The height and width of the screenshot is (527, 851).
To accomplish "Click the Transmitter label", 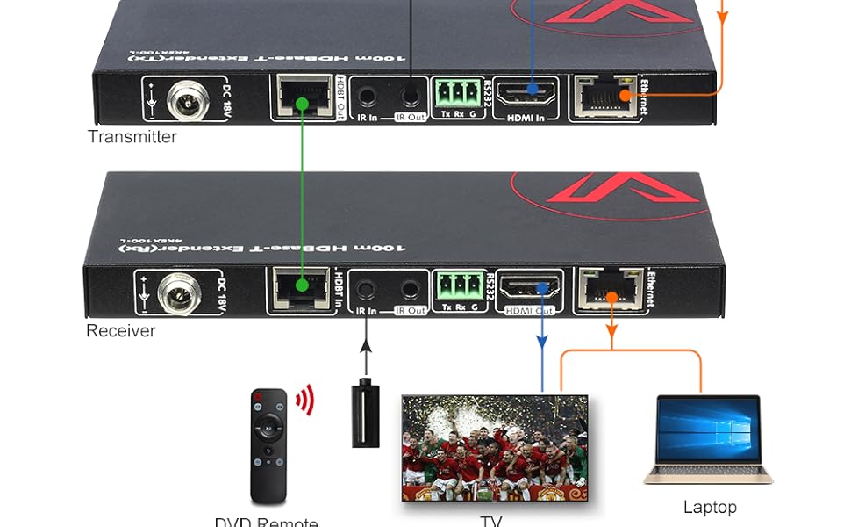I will pyautogui.click(x=132, y=137).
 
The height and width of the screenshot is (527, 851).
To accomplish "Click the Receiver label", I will pyautogui.click(x=121, y=331).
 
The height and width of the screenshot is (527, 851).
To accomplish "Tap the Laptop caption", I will pyautogui.click(x=710, y=507).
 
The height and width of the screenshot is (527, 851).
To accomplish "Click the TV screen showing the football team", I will pyautogui.click(x=495, y=448).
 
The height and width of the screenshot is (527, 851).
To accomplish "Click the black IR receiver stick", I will pyautogui.click(x=365, y=412).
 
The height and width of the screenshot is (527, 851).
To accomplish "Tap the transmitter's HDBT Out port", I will pyautogui.click(x=301, y=96).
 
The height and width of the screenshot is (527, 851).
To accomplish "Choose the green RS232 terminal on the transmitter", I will pyautogui.click(x=455, y=92).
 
